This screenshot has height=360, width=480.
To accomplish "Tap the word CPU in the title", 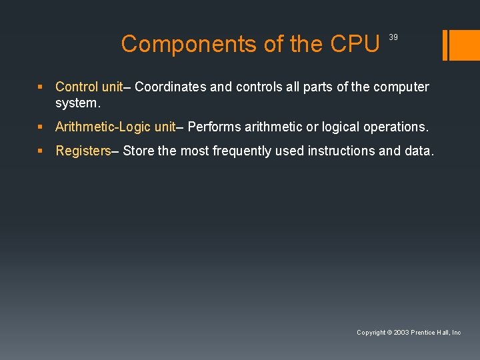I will (355, 44).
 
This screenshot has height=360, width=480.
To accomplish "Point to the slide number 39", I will (393, 37).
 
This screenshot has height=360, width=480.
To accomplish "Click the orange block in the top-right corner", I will (462, 44).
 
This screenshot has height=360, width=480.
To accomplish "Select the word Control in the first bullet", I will (77, 87).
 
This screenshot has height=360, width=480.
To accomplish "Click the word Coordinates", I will (171, 87).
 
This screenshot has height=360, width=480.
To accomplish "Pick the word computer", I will (401, 87).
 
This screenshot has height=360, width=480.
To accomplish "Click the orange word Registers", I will (83, 151).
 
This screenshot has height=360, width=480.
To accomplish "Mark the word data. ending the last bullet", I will (419, 151).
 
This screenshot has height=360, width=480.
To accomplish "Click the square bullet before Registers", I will (41, 151).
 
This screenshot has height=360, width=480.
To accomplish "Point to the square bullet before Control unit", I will (41, 87).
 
